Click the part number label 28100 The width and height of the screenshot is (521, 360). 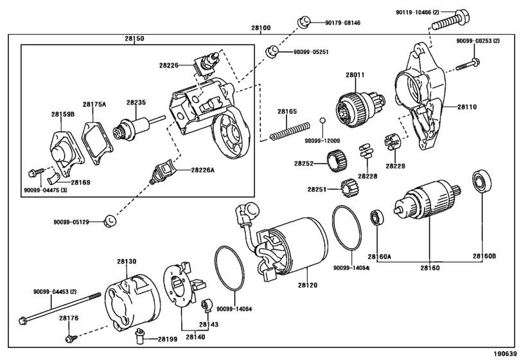point(261,28)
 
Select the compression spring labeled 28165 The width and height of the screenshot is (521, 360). point(289,131)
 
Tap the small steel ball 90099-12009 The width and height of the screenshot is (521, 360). point(322,120)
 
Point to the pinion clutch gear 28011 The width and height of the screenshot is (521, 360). point(360,107)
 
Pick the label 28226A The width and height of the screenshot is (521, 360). point(203,170)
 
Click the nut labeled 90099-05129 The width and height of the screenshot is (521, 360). point(110,221)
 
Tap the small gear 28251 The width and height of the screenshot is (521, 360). point(349,188)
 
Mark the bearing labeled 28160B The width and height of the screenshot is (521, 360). point(481,182)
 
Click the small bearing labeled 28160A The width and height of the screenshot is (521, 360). point(377,217)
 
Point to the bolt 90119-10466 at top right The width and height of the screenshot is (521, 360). point(450,21)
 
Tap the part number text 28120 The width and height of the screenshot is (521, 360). point(307,285)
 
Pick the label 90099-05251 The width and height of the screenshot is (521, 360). point(311,52)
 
